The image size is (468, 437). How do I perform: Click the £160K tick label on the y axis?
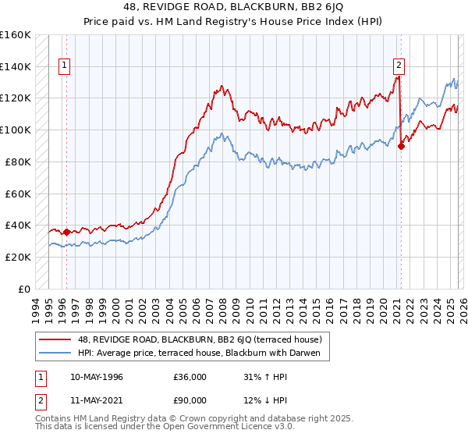click(x=16, y=35)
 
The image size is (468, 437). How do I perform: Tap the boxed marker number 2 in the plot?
click(x=399, y=66)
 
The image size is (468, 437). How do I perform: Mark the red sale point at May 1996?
click(x=66, y=232)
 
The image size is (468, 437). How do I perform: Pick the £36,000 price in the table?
click(x=190, y=375)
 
